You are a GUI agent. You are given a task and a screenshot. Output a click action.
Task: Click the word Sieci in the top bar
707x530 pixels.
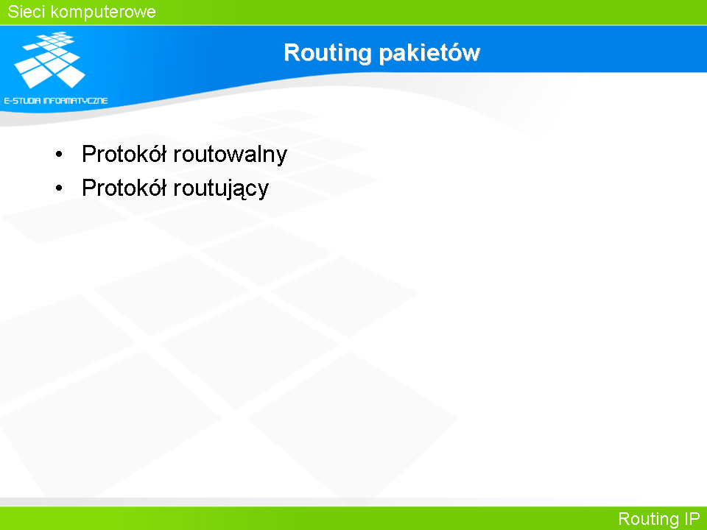(x=27, y=12)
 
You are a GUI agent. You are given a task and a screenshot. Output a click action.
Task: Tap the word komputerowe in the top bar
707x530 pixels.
(x=103, y=13)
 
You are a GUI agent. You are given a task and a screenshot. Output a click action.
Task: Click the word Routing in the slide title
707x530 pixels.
(x=328, y=54)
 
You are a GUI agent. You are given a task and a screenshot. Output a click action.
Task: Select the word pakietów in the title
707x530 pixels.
(x=429, y=53)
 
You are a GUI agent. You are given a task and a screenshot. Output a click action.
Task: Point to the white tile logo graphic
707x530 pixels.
(x=49, y=60)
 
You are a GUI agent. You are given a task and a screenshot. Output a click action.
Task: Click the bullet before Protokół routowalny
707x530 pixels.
(x=59, y=155)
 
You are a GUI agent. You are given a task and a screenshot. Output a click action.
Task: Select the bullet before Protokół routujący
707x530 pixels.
(x=59, y=188)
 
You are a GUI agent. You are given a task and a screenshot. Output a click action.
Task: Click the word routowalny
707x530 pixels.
(x=230, y=155)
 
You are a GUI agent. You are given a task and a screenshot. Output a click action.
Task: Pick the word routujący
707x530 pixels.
(x=221, y=189)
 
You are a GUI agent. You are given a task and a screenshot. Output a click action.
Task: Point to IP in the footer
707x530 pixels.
(x=692, y=518)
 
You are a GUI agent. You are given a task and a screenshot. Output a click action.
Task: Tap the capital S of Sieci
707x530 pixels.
(x=13, y=12)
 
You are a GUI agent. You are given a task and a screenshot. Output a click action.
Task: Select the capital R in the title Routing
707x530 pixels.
(x=292, y=52)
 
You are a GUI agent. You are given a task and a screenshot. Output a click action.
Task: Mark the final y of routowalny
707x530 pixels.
(x=281, y=158)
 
